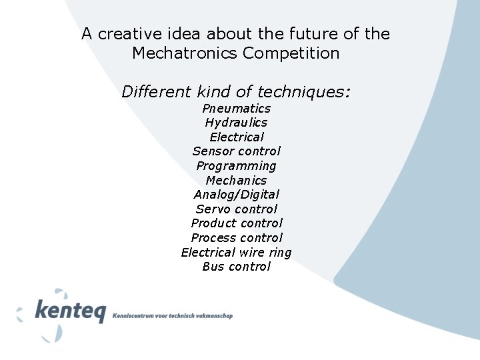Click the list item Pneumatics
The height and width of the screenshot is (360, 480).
(236, 109)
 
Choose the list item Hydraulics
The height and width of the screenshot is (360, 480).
(236, 123)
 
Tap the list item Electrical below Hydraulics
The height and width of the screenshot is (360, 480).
(236, 137)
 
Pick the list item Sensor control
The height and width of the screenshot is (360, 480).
(236, 151)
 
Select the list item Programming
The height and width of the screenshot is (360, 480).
(236, 166)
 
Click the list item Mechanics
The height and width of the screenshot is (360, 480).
(236, 181)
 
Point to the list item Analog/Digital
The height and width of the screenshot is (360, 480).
(236, 195)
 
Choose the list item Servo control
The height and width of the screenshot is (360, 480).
(236, 209)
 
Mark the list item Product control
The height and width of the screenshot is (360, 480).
(236, 223)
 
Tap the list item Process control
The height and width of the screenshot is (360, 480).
(236, 238)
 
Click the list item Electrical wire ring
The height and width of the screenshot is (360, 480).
(236, 253)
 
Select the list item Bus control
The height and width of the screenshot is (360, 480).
(236, 267)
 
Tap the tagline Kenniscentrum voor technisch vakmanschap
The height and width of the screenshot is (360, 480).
(173, 315)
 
